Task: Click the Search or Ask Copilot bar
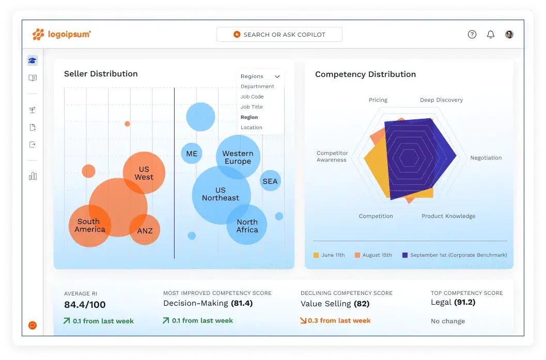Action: (279, 35)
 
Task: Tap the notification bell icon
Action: (491, 35)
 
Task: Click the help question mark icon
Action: (472, 35)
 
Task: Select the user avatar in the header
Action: (509, 35)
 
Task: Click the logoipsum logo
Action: (62, 35)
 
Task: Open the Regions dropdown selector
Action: (260, 76)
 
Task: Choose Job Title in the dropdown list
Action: (252, 107)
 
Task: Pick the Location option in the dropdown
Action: (252, 128)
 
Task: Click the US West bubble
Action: (144, 173)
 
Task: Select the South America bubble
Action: (89, 226)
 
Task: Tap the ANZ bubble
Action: (145, 231)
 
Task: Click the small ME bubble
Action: (192, 154)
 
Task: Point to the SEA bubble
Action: (270, 181)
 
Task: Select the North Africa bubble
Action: (247, 226)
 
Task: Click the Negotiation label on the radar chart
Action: (486, 158)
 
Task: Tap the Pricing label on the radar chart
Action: (378, 100)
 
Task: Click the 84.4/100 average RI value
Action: (85, 305)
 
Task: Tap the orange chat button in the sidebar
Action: (33, 325)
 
